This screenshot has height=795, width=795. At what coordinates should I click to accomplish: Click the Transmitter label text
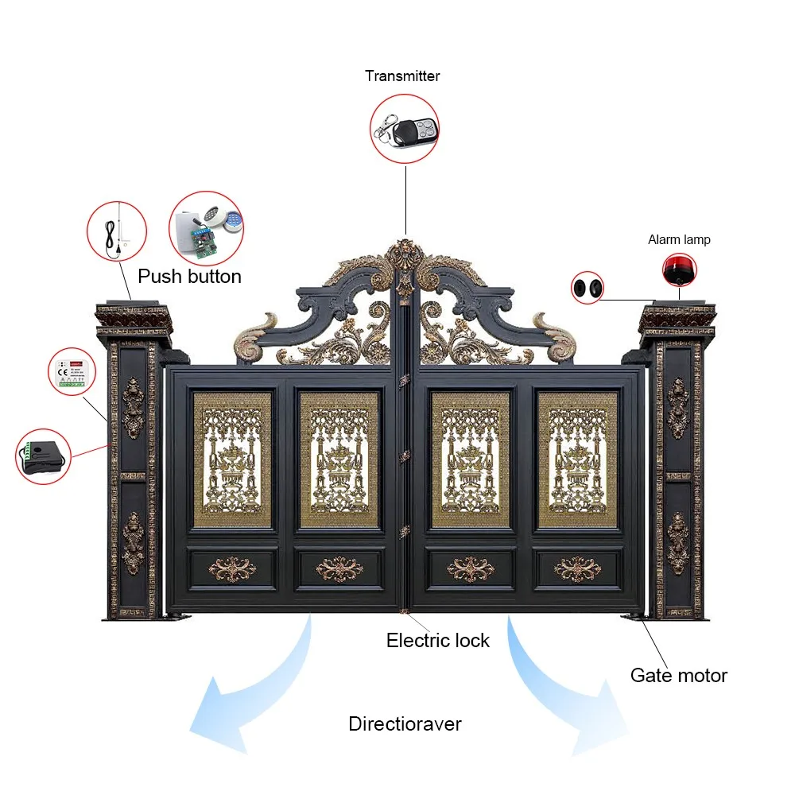point(402,76)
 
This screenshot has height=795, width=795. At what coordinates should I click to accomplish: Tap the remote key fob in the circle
point(405,128)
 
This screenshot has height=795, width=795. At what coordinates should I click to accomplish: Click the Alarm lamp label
point(679,239)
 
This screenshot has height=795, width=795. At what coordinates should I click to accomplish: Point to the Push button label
point(189,277)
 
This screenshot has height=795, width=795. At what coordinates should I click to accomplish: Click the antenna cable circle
point(118,231)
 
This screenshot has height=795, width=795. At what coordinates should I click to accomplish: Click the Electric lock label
point(438,640)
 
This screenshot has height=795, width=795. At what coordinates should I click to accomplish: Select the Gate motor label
point(678,676)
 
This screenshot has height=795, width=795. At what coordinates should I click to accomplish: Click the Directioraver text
point(405,724)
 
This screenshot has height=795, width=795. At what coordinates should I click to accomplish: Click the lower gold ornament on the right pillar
point(677,542)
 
